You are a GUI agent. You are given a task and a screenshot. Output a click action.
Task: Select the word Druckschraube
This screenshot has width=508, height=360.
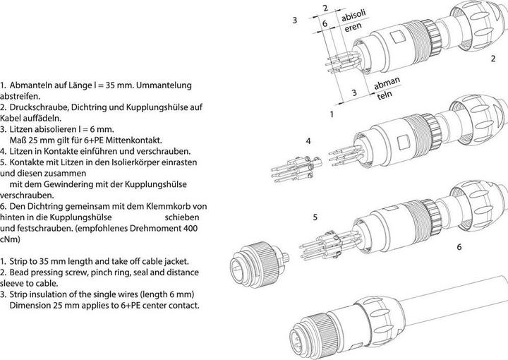click(x=39, y=107)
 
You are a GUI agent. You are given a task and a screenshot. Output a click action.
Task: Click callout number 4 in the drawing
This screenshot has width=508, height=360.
click(x=308, y=141)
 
